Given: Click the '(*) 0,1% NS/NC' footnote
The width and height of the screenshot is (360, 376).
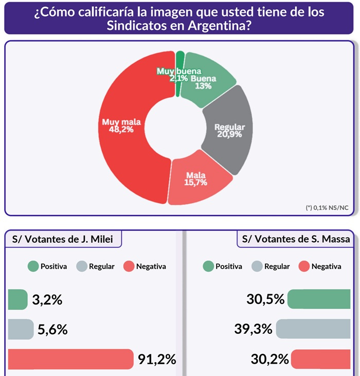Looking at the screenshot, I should click(x=327, y=207).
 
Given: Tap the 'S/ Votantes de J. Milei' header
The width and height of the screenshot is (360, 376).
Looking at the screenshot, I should click(x=63, y=239).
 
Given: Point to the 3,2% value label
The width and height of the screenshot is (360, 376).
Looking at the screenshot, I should click(x=47, y=299).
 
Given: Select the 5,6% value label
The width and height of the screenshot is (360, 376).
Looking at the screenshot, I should click(x=52, y=329).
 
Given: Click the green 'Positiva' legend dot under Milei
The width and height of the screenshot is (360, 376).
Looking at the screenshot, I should click(x=33, y=266).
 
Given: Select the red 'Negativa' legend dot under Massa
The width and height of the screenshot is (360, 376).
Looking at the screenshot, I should click(x=304, y=266).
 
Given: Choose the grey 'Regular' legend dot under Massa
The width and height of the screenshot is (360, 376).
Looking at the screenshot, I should click(x=257, y=266).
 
